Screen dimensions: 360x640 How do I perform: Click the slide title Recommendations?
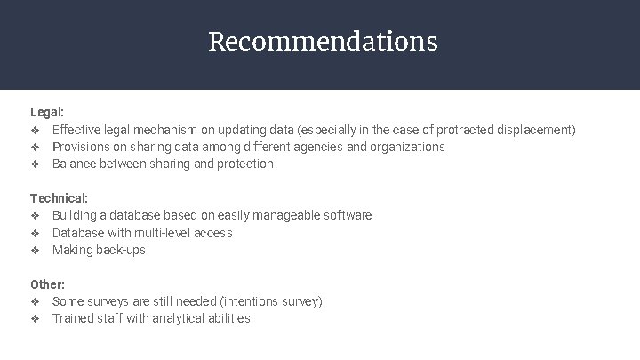322,42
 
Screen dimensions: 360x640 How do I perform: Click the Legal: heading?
47,113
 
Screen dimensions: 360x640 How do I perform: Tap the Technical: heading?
59,198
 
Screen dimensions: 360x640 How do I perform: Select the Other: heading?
47,284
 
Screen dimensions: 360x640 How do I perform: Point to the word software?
346,215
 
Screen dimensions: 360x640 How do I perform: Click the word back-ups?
120,250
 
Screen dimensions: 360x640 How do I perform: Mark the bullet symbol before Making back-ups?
35,250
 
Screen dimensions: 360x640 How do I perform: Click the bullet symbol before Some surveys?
35,301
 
